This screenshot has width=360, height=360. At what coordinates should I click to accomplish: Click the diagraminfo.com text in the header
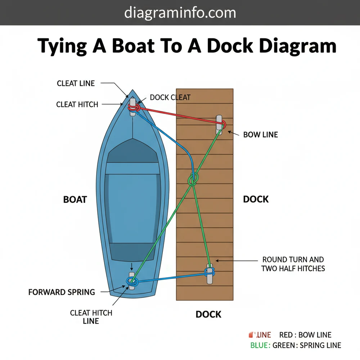pos(180,13)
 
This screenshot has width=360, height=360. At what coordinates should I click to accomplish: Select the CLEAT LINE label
pos(76,83)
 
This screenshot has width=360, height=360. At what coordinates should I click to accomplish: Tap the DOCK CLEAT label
pos(170,97)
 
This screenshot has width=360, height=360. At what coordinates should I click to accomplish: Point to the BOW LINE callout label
pos(260,135)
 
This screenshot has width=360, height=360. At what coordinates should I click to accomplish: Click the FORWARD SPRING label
pos(62,292)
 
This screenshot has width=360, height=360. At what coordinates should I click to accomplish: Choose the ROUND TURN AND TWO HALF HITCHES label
pos(293,264)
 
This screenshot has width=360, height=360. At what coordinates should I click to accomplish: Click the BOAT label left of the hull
pos(75,199)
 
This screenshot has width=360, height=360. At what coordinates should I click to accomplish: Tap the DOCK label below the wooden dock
pos(208,314)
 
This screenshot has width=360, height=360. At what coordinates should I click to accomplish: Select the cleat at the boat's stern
pos(132,281)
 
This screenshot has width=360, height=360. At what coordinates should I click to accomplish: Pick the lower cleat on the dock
pos(210,274)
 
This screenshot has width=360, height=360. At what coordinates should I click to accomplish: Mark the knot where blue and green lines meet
pos(193,179)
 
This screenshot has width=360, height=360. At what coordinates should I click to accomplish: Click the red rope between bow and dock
pos(180,116)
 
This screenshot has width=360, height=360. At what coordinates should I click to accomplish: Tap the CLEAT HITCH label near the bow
pos(77,104)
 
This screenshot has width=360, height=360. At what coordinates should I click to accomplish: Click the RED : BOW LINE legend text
pos(305,335)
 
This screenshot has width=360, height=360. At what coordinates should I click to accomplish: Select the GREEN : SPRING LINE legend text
pos(306,345)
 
